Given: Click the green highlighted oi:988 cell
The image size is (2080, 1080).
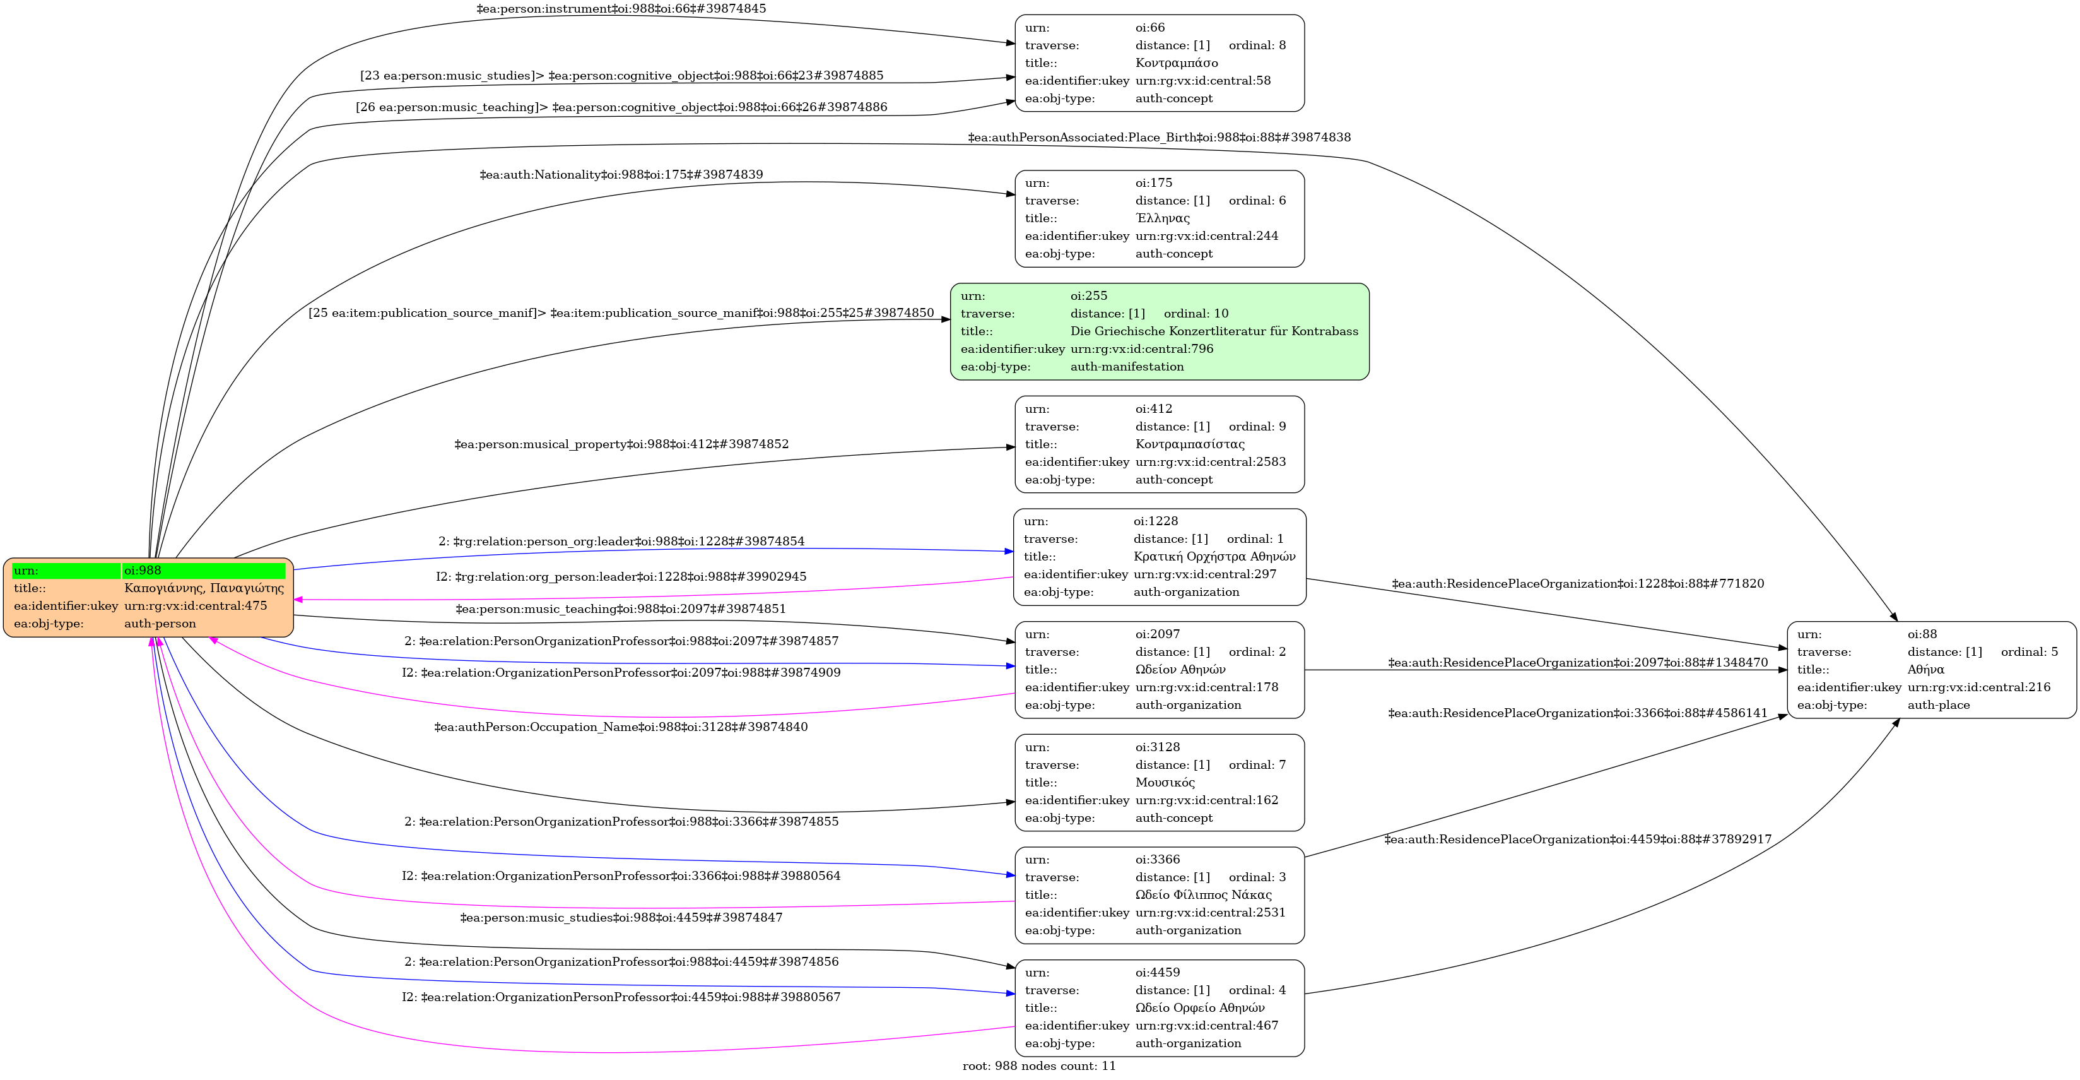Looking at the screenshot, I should click(204, 570).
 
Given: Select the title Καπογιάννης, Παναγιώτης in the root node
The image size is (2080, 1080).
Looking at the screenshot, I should click(204, 588).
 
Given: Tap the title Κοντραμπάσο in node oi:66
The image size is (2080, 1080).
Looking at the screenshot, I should click(1177, 63).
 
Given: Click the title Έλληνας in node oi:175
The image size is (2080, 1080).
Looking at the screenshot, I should click(1162, 218).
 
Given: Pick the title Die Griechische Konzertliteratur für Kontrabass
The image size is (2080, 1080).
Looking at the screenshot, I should click(1214, 331).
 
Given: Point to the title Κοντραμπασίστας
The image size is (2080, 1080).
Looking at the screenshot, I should click(1189, 444).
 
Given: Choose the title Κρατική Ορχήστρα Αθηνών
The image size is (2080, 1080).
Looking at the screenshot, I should click(1214, 557).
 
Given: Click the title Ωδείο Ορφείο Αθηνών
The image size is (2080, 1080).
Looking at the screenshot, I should click(1200, 1008).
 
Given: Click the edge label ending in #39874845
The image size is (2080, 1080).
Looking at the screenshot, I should click(621, 9).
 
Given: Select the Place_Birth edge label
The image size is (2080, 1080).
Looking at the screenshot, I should click(1159, 138).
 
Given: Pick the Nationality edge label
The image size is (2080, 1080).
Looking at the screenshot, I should click(621, 174).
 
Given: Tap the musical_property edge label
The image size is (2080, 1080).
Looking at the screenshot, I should click(621, 444).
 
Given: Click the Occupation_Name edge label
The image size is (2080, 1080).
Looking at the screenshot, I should click(621, 727).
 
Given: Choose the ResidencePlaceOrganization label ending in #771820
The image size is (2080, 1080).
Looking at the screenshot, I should click(1577, 583).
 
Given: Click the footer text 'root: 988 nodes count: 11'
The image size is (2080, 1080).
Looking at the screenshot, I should click(1038, 1066).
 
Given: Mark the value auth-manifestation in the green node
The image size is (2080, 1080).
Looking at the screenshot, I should click(1126, 367).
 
